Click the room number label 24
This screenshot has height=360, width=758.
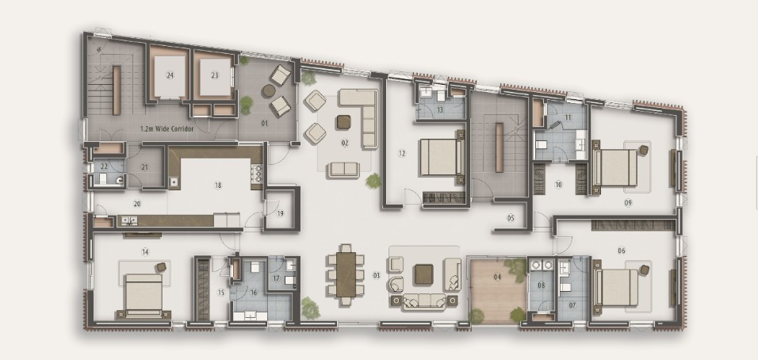coord(170,75)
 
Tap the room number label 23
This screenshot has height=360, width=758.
coord(215,75)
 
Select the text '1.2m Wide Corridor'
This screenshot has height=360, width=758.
coord(167,129)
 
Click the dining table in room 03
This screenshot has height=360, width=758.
coord(346,274)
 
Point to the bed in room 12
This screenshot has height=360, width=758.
coord(442,156)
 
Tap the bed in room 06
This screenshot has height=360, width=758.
coord(615,288)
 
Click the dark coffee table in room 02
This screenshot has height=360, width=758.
coord(343,122)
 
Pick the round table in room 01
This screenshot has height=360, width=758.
coord(269,91)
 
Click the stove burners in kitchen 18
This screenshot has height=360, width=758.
coord(257,174)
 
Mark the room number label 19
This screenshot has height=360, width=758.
coord(281,213)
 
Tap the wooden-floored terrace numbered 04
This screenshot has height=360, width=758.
coord(497,291)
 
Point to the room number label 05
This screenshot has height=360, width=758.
coord(511,218)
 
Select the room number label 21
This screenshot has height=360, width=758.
coord(144,167)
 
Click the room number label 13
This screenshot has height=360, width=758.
coord(440,109)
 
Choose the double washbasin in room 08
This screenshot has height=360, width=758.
coord(542,265)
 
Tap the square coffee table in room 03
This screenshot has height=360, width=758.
coord(423,274)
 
